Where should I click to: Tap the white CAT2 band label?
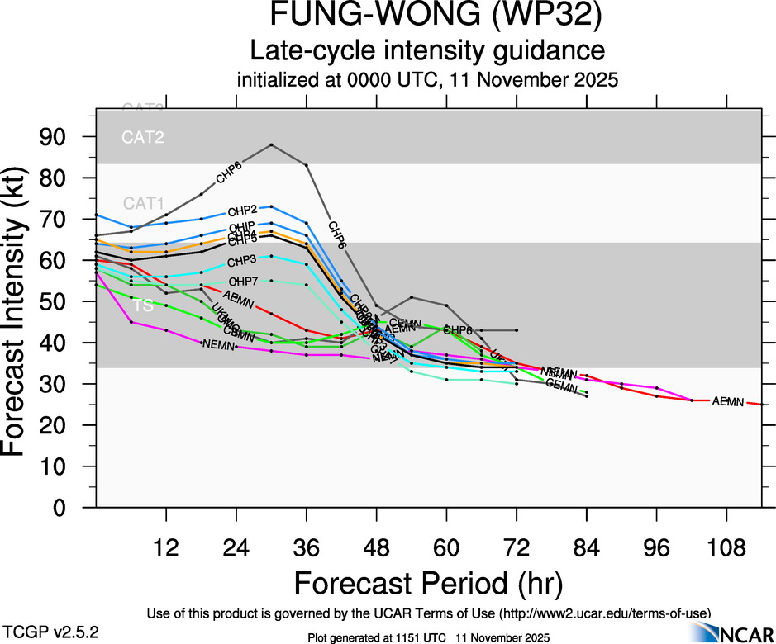coord(143,137)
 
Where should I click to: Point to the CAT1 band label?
coord(143,203)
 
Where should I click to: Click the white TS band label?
coord(144,305)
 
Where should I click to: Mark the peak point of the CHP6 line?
coord(272,144)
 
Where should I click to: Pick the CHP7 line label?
coord(242,282)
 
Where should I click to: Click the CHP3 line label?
coord(242,261)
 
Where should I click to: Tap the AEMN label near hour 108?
coord(728,402)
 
